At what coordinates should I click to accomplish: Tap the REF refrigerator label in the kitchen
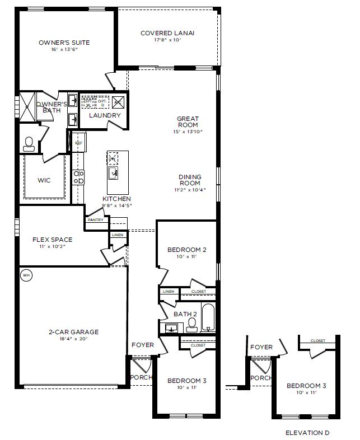79,143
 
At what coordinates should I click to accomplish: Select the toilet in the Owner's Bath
29,144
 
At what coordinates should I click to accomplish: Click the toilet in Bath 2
192,326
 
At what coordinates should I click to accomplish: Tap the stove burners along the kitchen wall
80,177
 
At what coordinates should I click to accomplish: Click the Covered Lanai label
167,33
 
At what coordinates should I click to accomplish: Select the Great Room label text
188,121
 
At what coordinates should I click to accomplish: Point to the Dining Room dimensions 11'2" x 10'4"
190,190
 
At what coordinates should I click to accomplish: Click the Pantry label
95,220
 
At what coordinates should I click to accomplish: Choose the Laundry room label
105,115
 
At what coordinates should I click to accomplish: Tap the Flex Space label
52,240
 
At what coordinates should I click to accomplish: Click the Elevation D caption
307,433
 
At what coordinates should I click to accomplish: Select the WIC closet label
44,181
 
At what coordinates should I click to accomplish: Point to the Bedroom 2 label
187,250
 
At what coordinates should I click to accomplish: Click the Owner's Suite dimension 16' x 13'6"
64,49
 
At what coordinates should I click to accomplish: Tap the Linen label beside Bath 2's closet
168,292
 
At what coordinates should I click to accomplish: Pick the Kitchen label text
116,199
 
